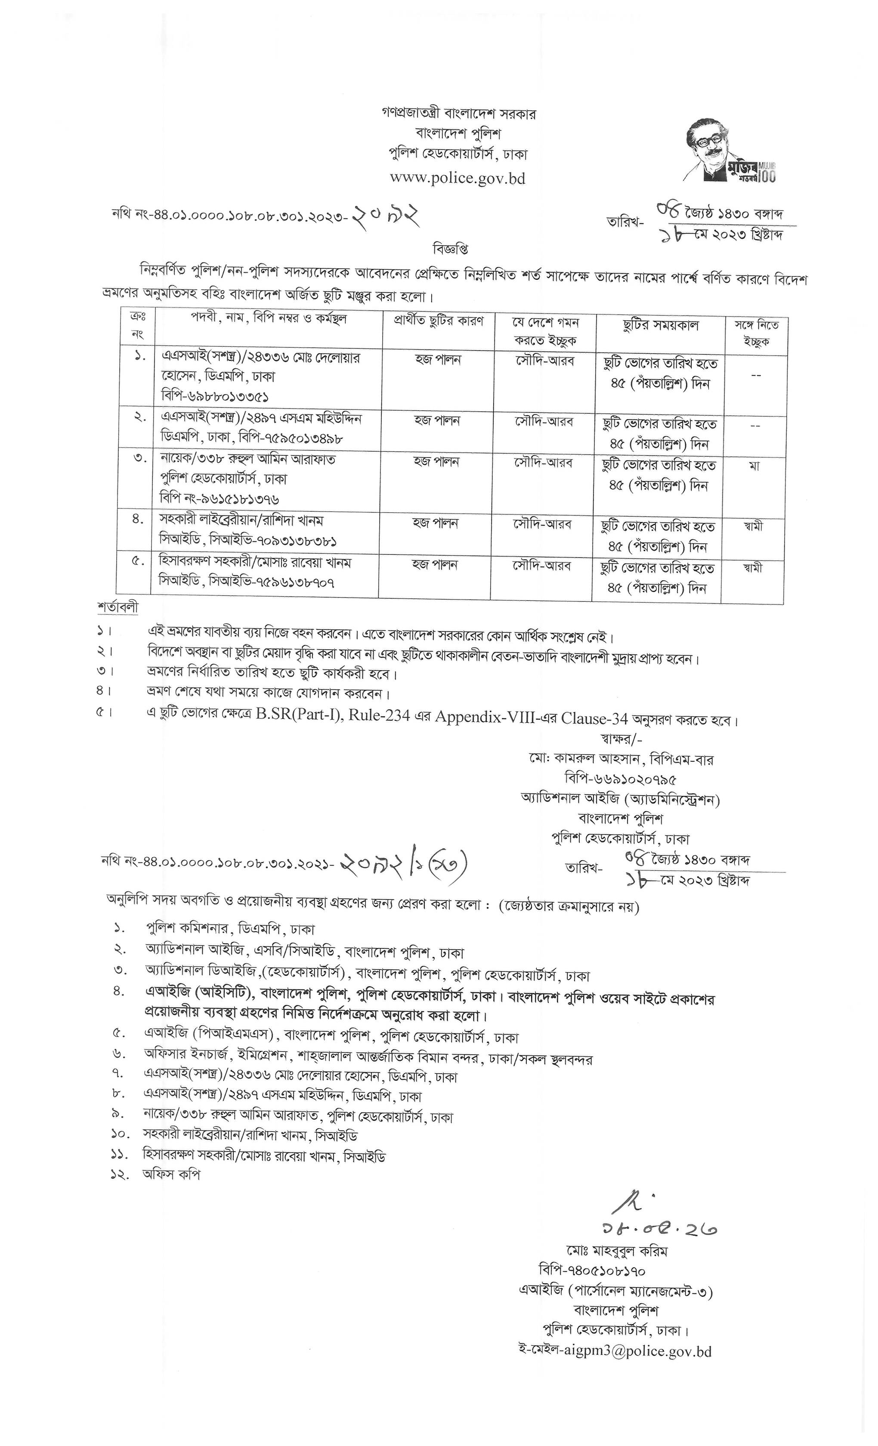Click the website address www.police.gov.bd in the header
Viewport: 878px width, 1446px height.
point(458,178)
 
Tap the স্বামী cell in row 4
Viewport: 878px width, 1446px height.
point(752,526)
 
